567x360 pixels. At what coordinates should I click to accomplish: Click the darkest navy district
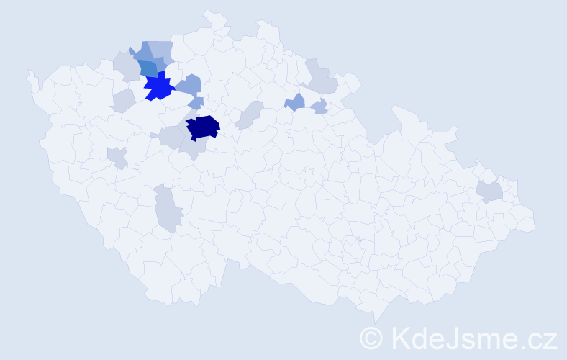tap(203, 127)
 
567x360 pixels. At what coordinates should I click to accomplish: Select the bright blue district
tap(159, 86)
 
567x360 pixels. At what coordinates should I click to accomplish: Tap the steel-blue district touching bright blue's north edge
tap(148, 68)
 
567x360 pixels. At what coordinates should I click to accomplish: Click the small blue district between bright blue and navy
tap(196, 103)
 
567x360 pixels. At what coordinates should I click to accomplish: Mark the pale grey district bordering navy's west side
tap(172, 136)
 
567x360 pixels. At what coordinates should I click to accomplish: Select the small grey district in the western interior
tap(117, 157)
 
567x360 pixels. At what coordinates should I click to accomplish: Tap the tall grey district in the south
tap(167, 208)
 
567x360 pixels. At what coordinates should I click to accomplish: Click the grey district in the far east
tap(490, 192)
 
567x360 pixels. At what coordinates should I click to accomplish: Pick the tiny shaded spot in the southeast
tap(358, 239)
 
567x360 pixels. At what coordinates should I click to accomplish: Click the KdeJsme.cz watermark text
tap(473, 337)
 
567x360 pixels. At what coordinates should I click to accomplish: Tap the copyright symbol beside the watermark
tap(371, 338)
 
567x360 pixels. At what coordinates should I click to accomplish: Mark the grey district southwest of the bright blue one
tap(123, 100)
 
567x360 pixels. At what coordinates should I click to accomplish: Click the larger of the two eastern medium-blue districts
tap(295, 102)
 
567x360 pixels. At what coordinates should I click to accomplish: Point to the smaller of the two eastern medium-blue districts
tap(319, 107)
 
